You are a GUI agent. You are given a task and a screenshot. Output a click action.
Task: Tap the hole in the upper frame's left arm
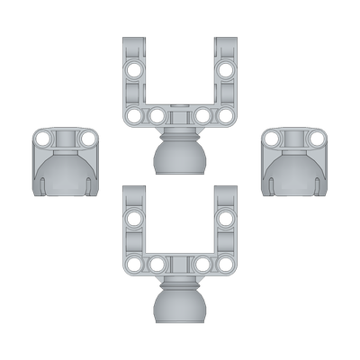(134, 70)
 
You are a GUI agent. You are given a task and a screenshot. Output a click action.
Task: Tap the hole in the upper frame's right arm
(226, 70)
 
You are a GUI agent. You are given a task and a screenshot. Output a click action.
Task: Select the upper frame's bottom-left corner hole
(134, 115)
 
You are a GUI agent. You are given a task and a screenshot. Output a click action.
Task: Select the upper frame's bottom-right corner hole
(226, 115)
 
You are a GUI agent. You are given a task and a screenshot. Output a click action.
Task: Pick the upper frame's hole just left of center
(157, 115)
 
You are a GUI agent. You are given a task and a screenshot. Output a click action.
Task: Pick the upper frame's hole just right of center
(202, 115)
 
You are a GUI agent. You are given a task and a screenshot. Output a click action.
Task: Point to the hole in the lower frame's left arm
(134, 219)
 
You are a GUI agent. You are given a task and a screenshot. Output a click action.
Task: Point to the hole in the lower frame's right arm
(226, 219)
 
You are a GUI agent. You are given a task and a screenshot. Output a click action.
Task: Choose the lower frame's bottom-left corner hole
(134, 264)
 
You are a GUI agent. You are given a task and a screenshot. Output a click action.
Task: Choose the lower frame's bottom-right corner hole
(226, 264)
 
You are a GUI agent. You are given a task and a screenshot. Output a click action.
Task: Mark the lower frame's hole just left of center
(157, 264)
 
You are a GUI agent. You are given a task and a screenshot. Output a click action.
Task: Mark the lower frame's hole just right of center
(202, 264)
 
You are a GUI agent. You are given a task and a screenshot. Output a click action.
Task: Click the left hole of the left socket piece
(43, 138)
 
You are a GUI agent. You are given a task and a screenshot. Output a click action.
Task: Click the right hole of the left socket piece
(88, 138)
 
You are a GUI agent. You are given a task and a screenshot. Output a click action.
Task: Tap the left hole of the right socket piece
(272, 138)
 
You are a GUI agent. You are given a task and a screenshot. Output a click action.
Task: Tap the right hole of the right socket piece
(317, 138)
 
